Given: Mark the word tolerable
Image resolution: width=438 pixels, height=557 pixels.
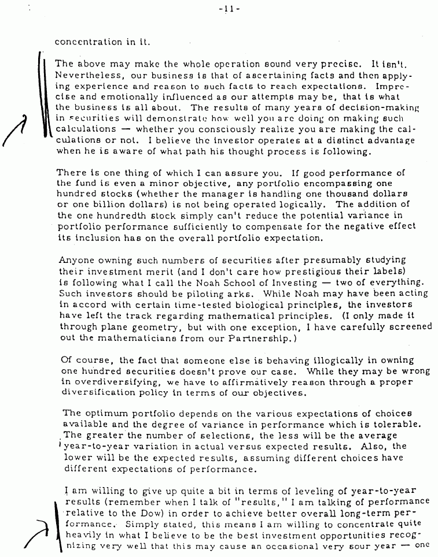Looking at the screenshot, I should click(407, 424).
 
